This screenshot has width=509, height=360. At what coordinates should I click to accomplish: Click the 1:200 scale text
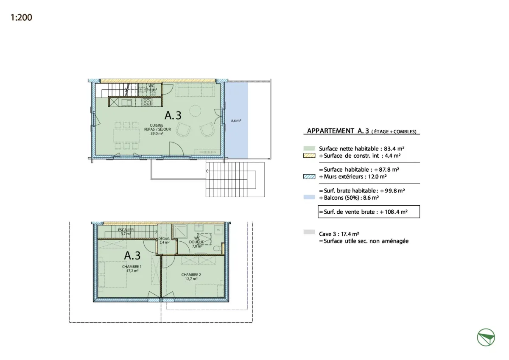tap(22, 18)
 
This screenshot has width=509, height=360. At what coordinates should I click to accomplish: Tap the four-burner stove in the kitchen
tap(147, 102)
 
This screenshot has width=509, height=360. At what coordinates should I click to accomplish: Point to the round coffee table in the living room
tap(195, 111)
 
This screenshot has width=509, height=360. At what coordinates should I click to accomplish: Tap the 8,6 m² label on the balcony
tap(236, 121)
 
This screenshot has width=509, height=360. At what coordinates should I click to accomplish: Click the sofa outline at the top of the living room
tap(195, 90)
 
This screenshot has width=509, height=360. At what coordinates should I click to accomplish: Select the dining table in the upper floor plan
tap(126, 135)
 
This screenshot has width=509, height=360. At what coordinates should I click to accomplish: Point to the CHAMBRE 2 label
tap(191, 276)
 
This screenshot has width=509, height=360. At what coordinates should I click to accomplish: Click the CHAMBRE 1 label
tap(132, 268)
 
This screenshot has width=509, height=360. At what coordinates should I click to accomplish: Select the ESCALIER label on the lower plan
tap(126, 232)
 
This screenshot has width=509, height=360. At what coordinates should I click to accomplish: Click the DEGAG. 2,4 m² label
tap(164, 240)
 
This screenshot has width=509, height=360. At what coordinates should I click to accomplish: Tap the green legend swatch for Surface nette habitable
tap(310, 149)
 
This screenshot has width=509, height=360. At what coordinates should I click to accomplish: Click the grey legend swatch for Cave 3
tap(310, 233)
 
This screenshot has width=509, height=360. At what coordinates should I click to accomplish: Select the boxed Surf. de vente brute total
tap(369, 212)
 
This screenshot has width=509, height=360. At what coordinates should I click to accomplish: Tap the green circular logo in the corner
tap(486, 338)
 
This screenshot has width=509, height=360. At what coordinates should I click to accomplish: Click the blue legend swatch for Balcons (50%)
tap(310, 198)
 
